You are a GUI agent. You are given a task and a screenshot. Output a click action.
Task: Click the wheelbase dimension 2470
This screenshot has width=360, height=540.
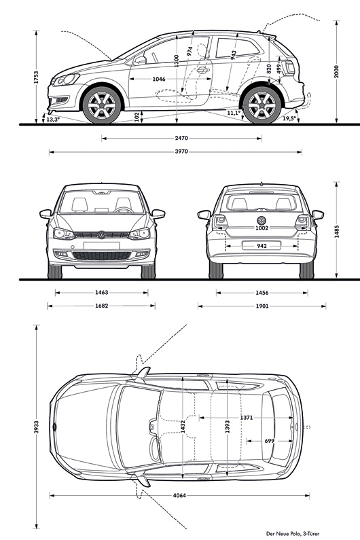(181, 139)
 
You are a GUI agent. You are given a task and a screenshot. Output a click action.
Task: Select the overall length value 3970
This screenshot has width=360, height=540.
(181, 151)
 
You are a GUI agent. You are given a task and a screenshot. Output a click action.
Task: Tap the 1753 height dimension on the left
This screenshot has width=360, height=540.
(36, 77)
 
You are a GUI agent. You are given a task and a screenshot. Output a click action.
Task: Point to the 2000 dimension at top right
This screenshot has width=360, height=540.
(337, 71)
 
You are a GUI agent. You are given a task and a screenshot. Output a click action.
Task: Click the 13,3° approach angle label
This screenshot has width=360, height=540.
(53, 120)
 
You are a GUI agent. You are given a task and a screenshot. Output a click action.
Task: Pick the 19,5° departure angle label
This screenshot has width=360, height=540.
(289, 118)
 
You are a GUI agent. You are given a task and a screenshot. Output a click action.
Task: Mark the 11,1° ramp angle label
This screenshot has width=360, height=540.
(234, 113)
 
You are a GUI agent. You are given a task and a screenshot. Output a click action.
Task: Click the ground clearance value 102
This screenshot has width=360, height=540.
(137, 116)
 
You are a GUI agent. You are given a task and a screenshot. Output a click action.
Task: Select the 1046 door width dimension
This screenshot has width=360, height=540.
(159, 79)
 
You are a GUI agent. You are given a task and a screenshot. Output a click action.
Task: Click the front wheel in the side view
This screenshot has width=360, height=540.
(102, 105)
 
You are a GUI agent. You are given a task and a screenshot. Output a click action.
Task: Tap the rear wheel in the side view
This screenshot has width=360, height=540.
(262, 105)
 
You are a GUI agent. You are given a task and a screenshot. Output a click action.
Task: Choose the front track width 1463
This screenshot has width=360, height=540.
(102, 293)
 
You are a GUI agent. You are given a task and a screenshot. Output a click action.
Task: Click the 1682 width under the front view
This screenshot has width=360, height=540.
(102, 306)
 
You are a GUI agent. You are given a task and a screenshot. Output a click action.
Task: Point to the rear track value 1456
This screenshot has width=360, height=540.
(262, 293)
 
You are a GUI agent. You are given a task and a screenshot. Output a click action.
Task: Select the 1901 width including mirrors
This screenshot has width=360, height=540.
(262, 306)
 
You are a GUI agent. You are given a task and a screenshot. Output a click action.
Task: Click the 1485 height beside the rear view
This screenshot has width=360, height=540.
(337, 231)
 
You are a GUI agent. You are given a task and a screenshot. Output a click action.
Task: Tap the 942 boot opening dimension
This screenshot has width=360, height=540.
(262, 246)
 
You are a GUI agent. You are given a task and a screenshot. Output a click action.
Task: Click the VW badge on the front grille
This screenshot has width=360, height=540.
(101, 235)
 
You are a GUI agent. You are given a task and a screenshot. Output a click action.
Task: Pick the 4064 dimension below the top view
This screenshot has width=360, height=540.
(179, 496)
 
